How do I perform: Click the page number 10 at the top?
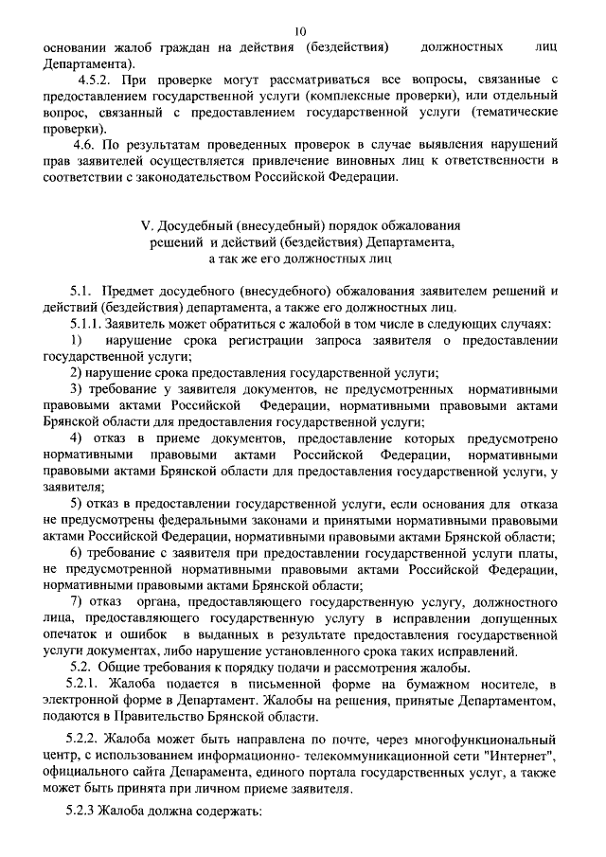point(301,31)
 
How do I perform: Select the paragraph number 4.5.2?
point(98,80)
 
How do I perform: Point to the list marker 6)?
point(80,552)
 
